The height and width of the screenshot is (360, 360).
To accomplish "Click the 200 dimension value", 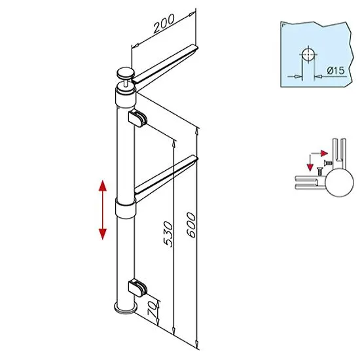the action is pos(164,23).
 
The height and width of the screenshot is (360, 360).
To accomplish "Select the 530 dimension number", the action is pos(168,234).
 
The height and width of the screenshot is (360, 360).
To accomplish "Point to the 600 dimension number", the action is pos(191,225).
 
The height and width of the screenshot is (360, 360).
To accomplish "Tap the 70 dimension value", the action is pos(153,309).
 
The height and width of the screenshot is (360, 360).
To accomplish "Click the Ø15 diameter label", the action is pos(336,71).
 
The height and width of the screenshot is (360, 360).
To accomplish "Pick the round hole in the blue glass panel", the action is pos(308,54).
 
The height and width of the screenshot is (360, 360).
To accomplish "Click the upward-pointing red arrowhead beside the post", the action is pos(103,186).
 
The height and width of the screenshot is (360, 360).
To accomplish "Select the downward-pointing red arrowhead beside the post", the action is pos(103,234).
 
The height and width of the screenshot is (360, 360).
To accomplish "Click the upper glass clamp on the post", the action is pos(137,118).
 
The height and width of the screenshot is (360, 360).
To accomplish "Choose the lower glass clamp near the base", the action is pos(137,287).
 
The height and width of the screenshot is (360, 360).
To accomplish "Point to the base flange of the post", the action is pos(126,308).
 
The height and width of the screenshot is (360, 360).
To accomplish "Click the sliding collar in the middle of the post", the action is pos(126,208).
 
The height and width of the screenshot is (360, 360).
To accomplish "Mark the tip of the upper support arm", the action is pos(197,48).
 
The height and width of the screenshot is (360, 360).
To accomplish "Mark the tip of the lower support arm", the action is pos(197,158).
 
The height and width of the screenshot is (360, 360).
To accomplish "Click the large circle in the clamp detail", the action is pos(339,182).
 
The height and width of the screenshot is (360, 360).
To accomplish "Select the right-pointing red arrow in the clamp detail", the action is pos(319,153).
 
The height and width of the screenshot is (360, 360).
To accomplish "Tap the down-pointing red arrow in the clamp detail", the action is pos(310,163).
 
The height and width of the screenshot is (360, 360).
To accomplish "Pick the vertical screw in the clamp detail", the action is pos(319,171).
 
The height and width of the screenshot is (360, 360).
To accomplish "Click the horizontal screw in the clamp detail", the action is pos(328,163).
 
